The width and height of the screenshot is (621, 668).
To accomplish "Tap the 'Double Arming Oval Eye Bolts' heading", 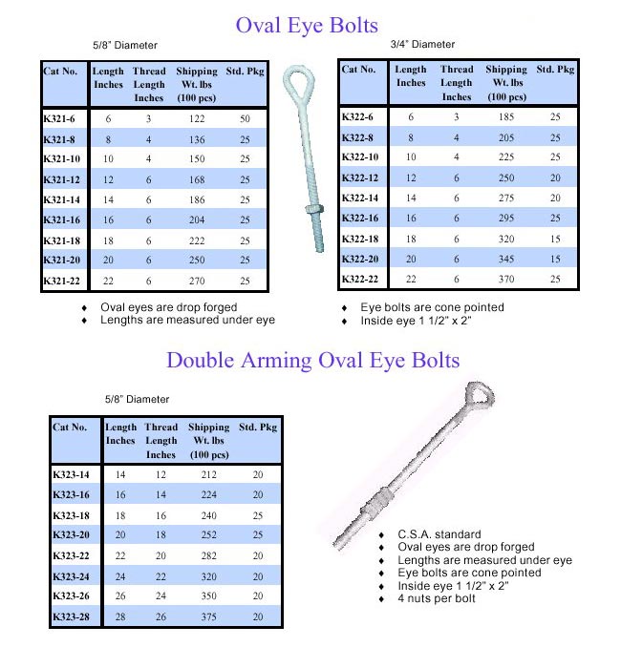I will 312,360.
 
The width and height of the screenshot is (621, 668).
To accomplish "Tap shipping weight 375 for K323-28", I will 208,616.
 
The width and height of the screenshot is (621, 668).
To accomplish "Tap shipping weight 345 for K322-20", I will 506,259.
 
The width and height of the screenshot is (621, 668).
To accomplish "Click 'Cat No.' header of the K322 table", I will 359,69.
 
